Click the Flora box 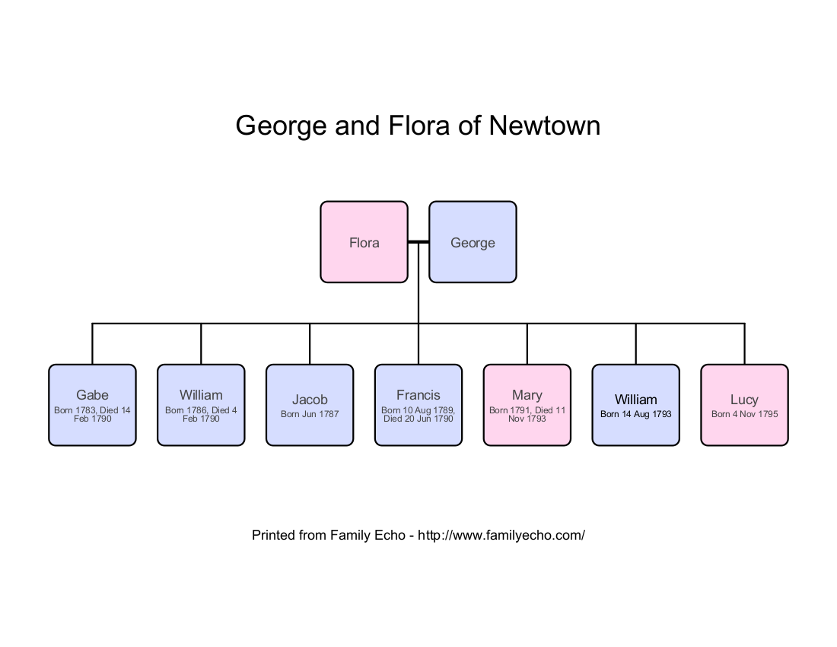coord(364,242)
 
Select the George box coord(473,242)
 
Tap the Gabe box coord(92,405)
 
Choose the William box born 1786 coord(201,405)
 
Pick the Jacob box coord(310,405)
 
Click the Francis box coord(418,405)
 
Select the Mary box coord(527,405)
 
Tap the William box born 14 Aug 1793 coord(636,405)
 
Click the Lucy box coord(744,405)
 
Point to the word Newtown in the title coord(545,126)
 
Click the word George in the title coord(281,126)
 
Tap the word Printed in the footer coord(273,535)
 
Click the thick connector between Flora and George coord(418,242)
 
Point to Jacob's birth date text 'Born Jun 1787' coord(310,414)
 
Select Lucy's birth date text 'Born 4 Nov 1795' coord(744,414)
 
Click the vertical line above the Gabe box coord(92,344)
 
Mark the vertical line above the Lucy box coord(744,344)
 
